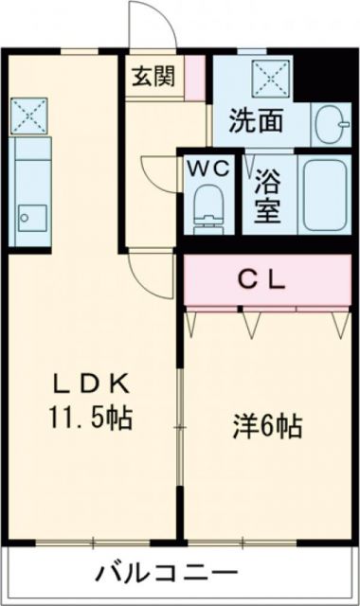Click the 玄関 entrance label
[153, 77]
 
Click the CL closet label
[261, 279]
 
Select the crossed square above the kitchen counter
[27, 115]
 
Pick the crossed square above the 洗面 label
[262, 76]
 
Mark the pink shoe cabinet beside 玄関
[194, 77]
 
